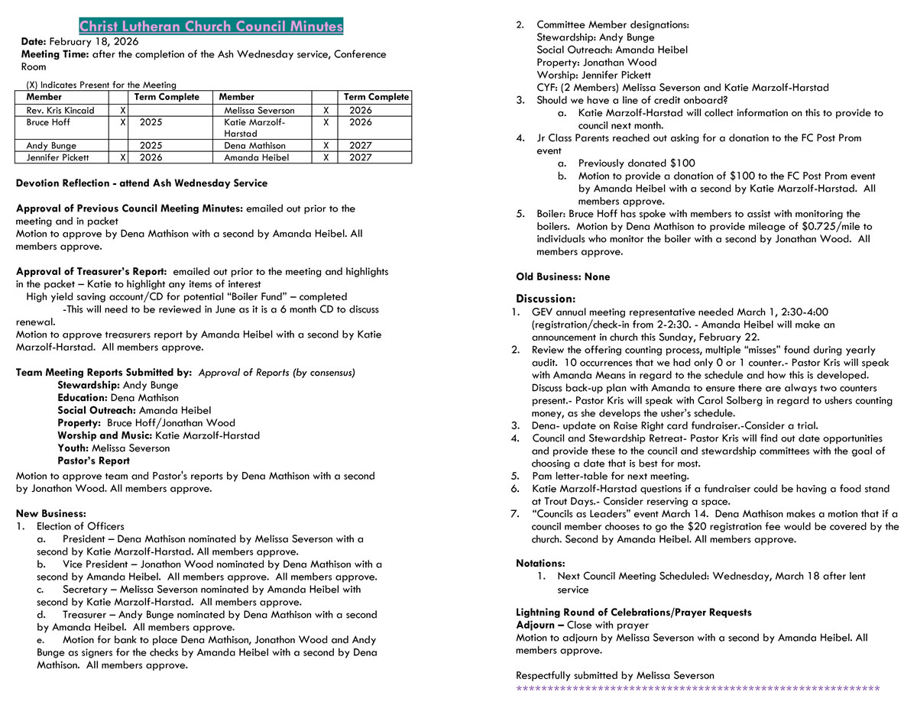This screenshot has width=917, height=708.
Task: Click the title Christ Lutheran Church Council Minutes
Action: point(211,27)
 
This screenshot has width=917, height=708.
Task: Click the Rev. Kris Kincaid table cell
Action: point(60,111)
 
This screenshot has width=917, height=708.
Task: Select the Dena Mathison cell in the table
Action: point(254,146)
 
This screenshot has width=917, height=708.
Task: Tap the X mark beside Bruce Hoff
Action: point(122,122)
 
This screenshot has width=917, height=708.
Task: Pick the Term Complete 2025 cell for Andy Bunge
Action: point(151,146)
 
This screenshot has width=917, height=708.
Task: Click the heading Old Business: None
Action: point(562,277)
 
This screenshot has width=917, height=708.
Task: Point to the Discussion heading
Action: point(545,299)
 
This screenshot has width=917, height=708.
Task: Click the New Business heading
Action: point(50,513)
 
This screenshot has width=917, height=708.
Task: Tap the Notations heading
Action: point(540,564)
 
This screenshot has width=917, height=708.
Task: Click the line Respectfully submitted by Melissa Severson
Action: point(614,675)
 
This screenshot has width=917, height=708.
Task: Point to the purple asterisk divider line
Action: point(698,689)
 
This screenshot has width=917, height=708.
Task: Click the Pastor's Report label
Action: point(93,461)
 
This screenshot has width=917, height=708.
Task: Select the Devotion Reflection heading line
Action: point(141,183)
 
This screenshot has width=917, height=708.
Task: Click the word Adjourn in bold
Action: point(536,625)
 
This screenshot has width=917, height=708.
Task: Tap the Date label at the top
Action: point(34,42)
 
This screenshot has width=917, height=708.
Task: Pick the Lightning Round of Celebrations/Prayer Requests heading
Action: point(633,613)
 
